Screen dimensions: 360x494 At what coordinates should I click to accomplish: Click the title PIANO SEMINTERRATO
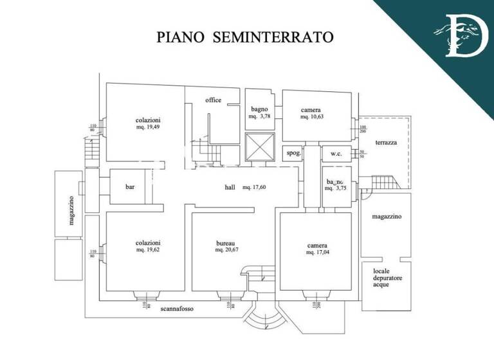245,37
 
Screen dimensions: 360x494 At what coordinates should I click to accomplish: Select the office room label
214,100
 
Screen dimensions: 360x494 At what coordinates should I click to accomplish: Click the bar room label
130,187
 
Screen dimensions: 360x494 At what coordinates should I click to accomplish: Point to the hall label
230,188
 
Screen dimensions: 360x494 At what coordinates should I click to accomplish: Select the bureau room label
225,244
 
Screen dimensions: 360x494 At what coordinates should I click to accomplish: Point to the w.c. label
336,154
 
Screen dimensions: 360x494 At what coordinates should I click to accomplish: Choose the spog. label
293,154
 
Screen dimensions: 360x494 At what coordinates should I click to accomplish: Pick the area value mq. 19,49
149,127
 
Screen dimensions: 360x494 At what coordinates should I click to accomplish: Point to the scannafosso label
178,309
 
